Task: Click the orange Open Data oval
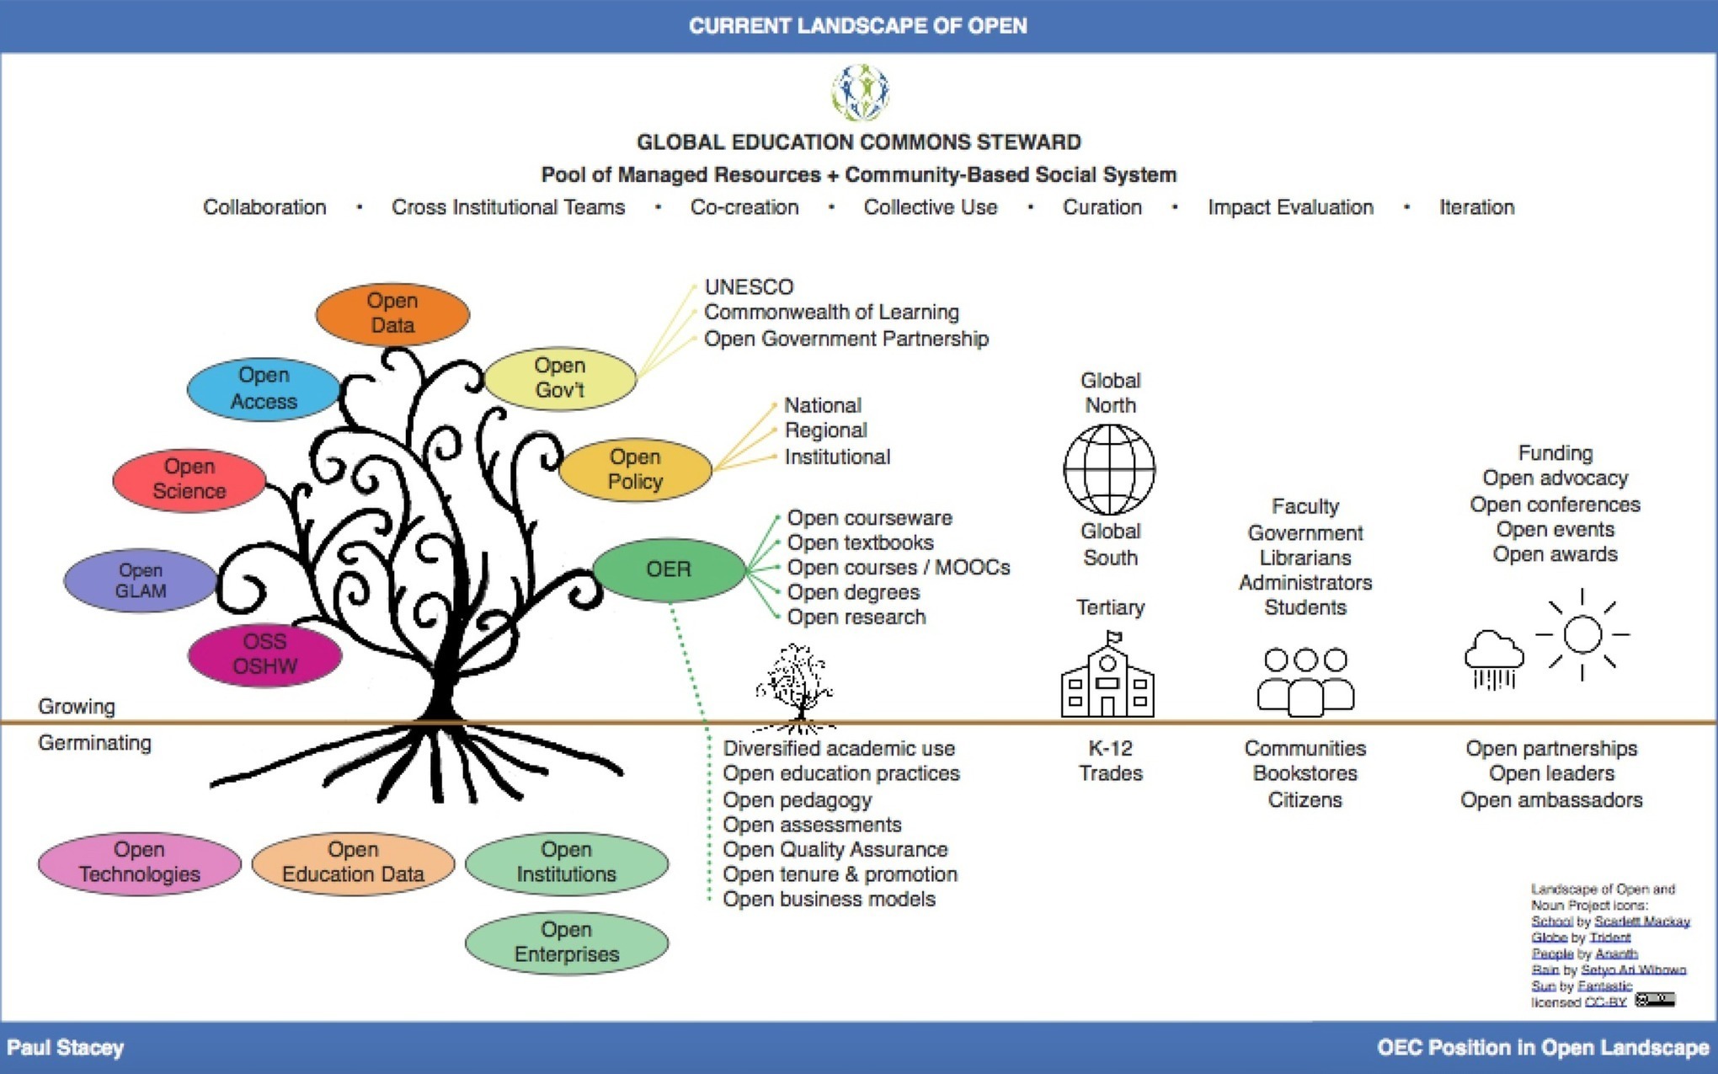pyautogui.click(x=392, y=313)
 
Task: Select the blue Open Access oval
pyautogui.click(x=264, y=388)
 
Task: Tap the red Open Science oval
pyautogui.click(x=189, y=479)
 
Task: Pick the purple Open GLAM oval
pyautogui.click(x=141, y=580)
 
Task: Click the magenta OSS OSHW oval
pyautogui.click(x=264, y=655)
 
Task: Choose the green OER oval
pyautogui.click(x=669, y=569)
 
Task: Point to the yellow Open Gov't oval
pyautogui.click(x=560, y=378)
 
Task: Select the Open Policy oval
pyautogui.click(x=635, y=469)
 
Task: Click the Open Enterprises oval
pyautogui.click(x=567, y=943)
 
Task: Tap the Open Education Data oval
pyautogui.click(x=353, y=863)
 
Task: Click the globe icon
pyautogui.click(x=1109, y=469)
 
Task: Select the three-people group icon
pyautogui.click(x=1305, y=681)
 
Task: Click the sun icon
pyautogui.click(x=1582, y=634)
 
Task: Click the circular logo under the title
pyautogui.click(x=860, y=92)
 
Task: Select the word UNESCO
pyautogui.click(x=749, y=287)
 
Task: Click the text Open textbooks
pyautogui.click(x=860, y=542)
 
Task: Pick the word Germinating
pyautogui.click(x=95, y=743)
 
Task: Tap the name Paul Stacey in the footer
pyautogui.click(x=66, y=1048)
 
